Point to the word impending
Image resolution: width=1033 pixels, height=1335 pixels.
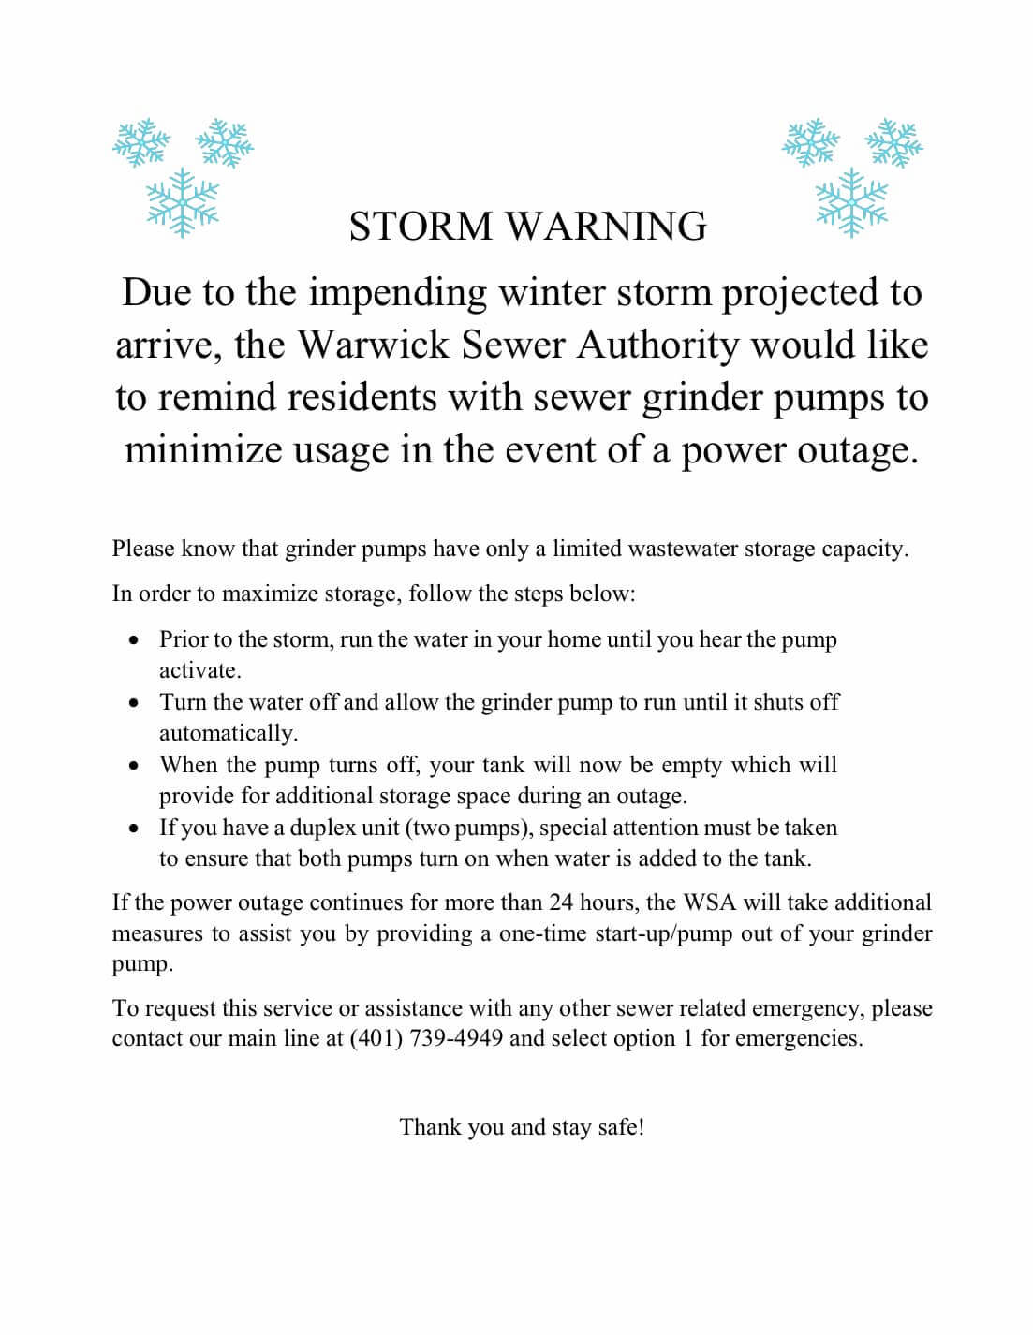coord(398,293)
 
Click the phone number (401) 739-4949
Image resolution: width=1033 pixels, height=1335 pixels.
coord(426,1038)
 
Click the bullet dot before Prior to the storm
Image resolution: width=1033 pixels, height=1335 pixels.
coord(137,641)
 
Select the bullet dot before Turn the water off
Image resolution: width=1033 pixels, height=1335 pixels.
coord(137,703)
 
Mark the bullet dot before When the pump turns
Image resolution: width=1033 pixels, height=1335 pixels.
coord(137,766)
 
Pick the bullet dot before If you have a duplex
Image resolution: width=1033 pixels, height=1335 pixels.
coord(137,829)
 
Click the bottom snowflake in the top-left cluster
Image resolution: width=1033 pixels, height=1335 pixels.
coord(183,203)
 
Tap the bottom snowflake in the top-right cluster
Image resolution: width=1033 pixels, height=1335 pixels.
coord(851,201)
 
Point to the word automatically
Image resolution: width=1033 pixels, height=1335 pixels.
coord(228,733)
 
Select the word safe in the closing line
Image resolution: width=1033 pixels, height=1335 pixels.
coord(618,1126)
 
